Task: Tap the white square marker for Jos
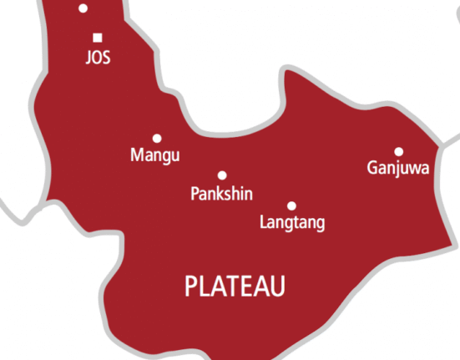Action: [98, 38]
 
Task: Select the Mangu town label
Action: [155, 155]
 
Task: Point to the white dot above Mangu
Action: [156, 138]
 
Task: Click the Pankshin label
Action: [222, 194]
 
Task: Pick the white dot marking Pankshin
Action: [222, 175]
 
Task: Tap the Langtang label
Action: [292, 223]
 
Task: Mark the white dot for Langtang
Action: [291, 205]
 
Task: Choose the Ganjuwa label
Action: [398, 169]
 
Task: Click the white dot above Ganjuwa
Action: [399, 151]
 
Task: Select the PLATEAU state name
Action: [235, 286]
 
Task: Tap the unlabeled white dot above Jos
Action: [83, 8]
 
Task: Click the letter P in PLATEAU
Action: [190, 286]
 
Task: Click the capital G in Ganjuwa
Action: [372, 168]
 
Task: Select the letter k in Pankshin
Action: [220, 193]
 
